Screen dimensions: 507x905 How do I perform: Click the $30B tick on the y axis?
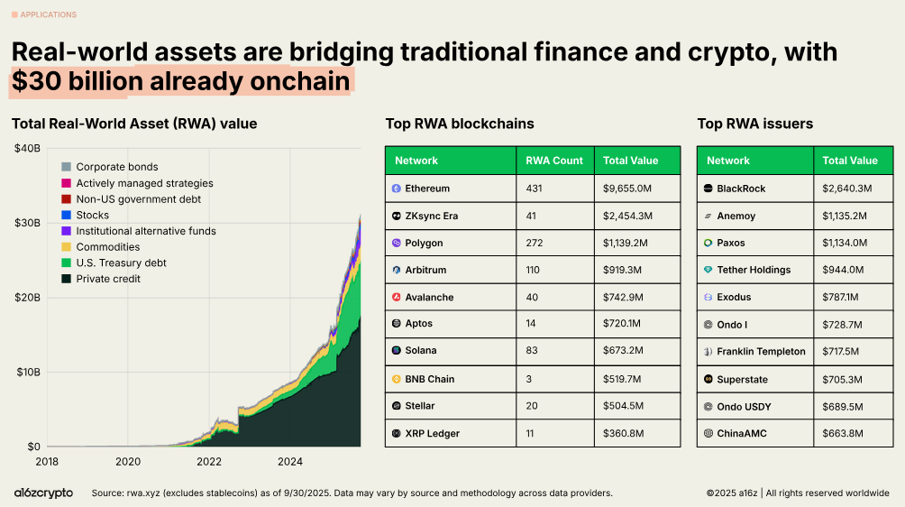pyautogui.click(x=27, y=223)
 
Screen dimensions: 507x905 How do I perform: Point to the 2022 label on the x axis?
pyautogui.click(x=209, y=462)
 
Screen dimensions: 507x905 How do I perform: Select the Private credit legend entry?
pyautogui.click(x=108, y=279)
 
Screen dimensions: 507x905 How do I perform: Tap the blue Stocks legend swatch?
pyautogui.click(x=66, y=215)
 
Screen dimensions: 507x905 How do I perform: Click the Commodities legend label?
pyautogui.click(x=107, y=247)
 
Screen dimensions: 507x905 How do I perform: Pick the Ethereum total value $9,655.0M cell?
pyautogui.click(x=627, y=189)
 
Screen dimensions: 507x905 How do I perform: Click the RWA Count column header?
pyautogui.click(x=554, y=161)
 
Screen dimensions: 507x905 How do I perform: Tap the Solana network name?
pyautogui.click(x=420, y=350)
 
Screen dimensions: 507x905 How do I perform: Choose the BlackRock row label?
pyautogui.click(x=740, y=189)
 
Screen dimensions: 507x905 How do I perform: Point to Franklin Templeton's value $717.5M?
pyautogui.click(x=843, y=352)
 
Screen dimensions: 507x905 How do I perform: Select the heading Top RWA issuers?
pyautogui.click(x=754, y=124)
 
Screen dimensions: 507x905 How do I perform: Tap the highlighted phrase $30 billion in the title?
pyautogui.click(x=78, y=81)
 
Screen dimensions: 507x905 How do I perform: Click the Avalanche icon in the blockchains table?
pyautogui.click(x=396, y=298)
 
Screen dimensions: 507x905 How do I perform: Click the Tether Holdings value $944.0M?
pyautogui.click(x=843, y=270)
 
